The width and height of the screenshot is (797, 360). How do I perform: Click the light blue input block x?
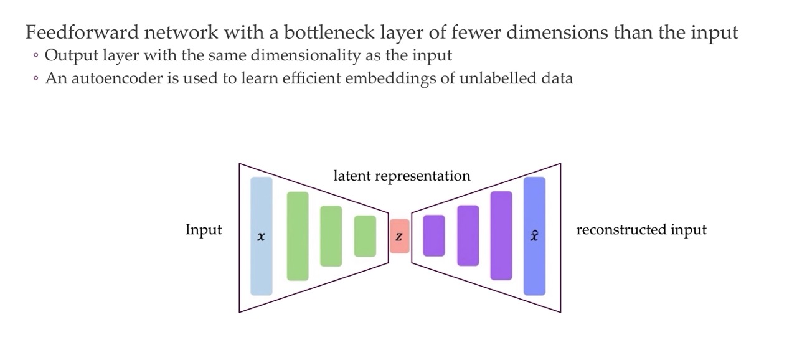click(x=261, y=236)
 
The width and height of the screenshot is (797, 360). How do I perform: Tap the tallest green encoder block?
click(x=298, y=236)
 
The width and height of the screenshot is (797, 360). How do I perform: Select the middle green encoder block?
click(x=331, y=236)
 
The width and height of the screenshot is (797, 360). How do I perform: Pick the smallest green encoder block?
click(x=365, y=236)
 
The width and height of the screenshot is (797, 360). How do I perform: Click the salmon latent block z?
click(x=400, y=236)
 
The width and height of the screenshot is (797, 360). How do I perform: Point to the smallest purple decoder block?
click(x=434, y=235)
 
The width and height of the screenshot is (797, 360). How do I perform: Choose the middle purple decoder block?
click(x=468, y=235)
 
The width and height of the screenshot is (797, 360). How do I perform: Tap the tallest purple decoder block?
click(x=501, y=235)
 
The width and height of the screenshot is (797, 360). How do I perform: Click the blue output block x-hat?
click(x=534, y=236)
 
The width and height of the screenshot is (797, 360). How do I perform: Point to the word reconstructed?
click(x=621, y=229)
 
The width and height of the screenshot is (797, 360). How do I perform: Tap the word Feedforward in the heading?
click(x=82, y=32)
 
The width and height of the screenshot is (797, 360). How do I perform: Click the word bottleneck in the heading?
click(x=329, y=32)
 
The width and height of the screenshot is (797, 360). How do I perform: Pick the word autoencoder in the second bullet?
click(x=118, y=78)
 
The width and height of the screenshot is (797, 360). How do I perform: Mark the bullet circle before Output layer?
click(x=35, y=55)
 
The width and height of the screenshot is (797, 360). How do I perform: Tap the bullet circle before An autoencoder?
click(x=35, y=78)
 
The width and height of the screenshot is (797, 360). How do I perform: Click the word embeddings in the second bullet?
click(x=390, y=78)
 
